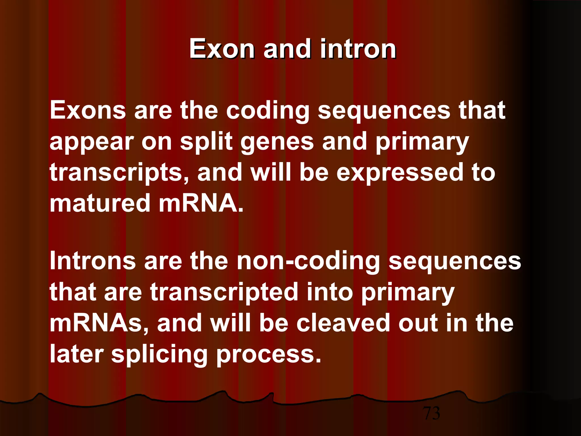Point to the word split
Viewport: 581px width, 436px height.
206,142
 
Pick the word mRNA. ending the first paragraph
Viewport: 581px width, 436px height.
201,203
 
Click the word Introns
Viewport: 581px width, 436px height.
92,261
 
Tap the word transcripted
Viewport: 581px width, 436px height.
224,292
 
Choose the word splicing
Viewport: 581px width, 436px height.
159,355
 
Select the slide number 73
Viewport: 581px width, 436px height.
431,413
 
